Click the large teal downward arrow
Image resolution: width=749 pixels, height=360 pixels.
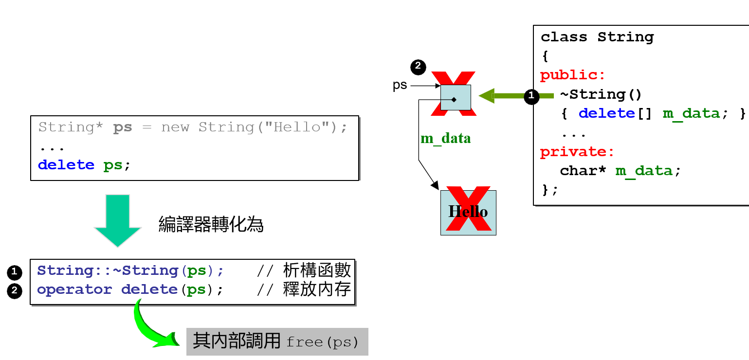[x=117, y=219]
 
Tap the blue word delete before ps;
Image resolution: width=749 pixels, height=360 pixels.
[x=66, y=165]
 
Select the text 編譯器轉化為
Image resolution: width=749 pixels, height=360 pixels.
[x=211, y=224]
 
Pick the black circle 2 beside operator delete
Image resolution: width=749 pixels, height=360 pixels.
[x=15, y=291]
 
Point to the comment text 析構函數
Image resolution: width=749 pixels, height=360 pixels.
[x=316, y=270]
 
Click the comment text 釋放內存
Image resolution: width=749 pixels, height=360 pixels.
[x=316, y=290]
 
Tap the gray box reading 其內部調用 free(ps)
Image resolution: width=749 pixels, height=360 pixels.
[x=277, y=342]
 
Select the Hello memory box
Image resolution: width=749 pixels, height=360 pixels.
[x=468, y=212]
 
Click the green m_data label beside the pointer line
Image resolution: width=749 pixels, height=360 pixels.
[x=445, y=139]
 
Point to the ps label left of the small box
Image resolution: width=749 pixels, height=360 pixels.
[x=400, y=85]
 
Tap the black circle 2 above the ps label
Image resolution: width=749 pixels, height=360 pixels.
[x=418, y=67]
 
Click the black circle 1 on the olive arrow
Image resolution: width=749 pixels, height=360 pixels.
[x=531, y=96]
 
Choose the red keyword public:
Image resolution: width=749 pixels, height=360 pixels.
[x=573, y=75]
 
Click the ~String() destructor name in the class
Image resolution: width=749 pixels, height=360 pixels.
[x=601, y=94]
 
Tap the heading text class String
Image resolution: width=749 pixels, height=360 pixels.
[x=597, y=37]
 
